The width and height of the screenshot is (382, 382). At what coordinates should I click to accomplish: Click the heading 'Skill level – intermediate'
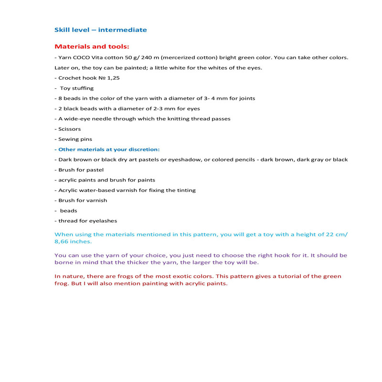coord(101,30)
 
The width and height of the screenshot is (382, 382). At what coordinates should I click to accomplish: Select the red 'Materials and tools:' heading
coord(92,47)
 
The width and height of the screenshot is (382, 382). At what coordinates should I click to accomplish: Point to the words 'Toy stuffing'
coord(77,88)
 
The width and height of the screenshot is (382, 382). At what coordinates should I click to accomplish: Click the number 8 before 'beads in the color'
coord(60,98)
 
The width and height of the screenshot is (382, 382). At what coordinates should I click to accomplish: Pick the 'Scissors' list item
coord(70,129)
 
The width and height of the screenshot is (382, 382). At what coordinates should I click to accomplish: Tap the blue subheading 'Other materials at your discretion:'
coord(109,149)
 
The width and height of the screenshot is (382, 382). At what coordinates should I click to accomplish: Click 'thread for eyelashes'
coord(87,221)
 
